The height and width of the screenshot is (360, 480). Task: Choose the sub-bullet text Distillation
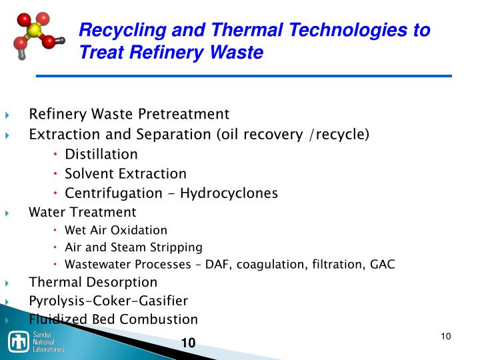(x=101, y=154)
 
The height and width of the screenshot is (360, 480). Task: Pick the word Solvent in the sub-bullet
(x=89, y=173)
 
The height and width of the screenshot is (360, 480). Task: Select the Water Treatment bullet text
(x=83, y=212)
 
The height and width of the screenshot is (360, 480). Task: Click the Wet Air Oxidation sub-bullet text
(x=116, y=230)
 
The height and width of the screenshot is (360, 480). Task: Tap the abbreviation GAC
(x=383, y=264)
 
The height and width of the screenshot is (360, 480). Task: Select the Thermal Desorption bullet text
(x=93, y=282)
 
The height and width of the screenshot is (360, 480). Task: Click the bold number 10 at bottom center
(x=188, y=343)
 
